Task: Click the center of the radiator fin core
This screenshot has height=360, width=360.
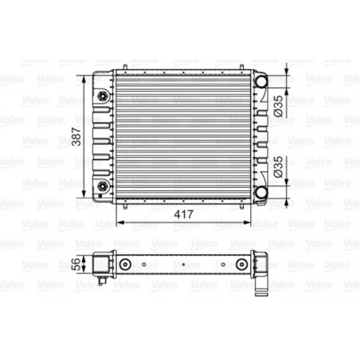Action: (x=181, y=135)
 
